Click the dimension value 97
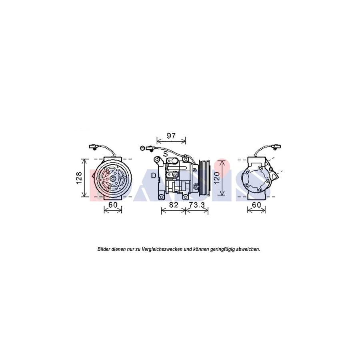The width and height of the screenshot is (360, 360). point(171,135)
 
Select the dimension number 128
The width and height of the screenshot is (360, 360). point(79,178)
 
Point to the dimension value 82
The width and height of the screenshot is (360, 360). point(173,205)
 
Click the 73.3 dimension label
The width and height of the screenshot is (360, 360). point(197,205)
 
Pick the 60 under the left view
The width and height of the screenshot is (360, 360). point(112,205)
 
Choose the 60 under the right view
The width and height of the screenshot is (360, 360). point(256,205)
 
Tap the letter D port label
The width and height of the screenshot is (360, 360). point(154,175)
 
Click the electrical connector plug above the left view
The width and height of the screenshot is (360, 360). point(93,147)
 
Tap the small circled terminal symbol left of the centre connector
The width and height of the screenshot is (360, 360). point(142,148)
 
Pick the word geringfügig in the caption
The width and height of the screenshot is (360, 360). point(218,249)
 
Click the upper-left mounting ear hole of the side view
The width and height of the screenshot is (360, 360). point(156,160)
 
